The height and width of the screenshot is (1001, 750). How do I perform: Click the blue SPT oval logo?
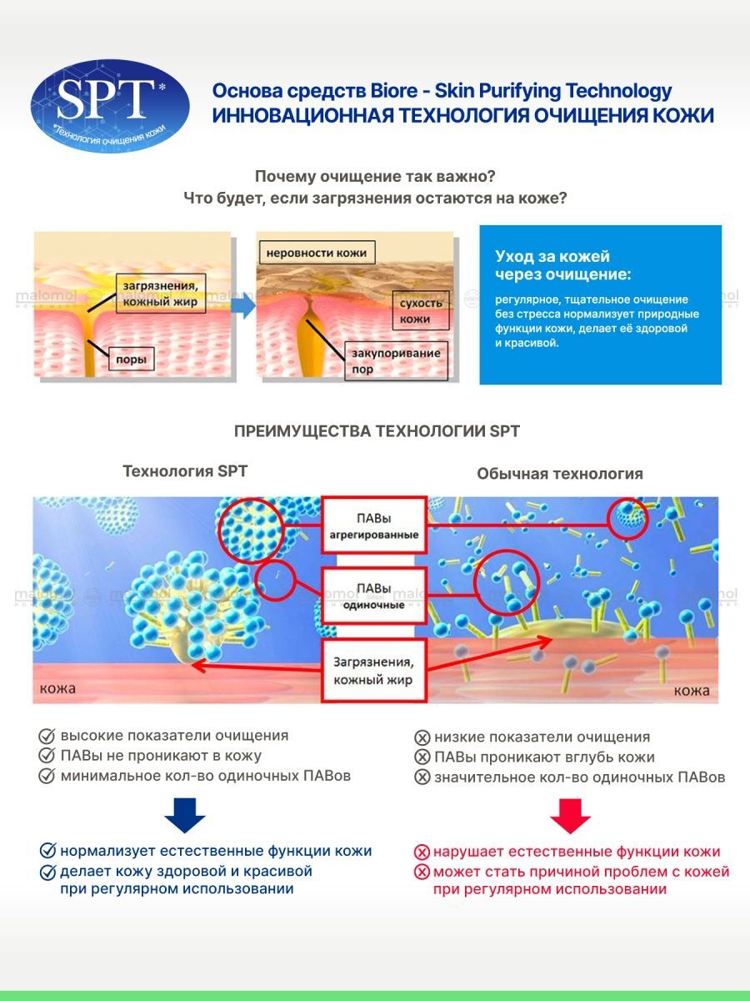tap(110, 106)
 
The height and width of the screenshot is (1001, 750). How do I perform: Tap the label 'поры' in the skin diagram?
tap(131, 359)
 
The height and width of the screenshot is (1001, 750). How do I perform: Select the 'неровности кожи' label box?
tap(317, 253)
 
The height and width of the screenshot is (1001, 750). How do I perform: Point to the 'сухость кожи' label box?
tap(421, 310)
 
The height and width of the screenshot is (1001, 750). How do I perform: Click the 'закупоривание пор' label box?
tap(396, 360)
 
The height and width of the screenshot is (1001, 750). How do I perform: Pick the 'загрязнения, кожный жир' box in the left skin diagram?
tap(161, 294)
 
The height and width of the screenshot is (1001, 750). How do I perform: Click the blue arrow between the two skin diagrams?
tap(243, 305)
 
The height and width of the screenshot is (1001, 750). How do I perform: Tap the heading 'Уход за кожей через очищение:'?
tap(563, 265)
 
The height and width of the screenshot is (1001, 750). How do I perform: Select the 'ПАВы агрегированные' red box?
tap(374, 526)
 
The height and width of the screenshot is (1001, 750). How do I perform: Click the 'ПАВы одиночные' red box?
tap(374, 596)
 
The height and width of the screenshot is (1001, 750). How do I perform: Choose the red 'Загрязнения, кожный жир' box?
tap(374, 671)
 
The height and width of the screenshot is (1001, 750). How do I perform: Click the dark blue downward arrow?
tap(184, 815)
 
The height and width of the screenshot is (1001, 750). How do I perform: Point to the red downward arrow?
tap(570, 817)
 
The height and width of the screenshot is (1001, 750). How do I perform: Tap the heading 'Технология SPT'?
tap(185, 471)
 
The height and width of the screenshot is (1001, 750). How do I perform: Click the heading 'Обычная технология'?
tap(560, 474)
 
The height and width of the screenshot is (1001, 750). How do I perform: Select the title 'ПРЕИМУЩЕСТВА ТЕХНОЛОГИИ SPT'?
tap(377, 431)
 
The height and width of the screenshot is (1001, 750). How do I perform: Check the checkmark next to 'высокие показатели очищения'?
tap(47, 736)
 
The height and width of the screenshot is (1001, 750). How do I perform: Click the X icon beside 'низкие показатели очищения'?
tap(422, 737)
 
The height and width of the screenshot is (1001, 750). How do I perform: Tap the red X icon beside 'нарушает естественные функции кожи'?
tap(422, 852)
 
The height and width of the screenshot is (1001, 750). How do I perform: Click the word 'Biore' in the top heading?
tap(394, 91)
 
